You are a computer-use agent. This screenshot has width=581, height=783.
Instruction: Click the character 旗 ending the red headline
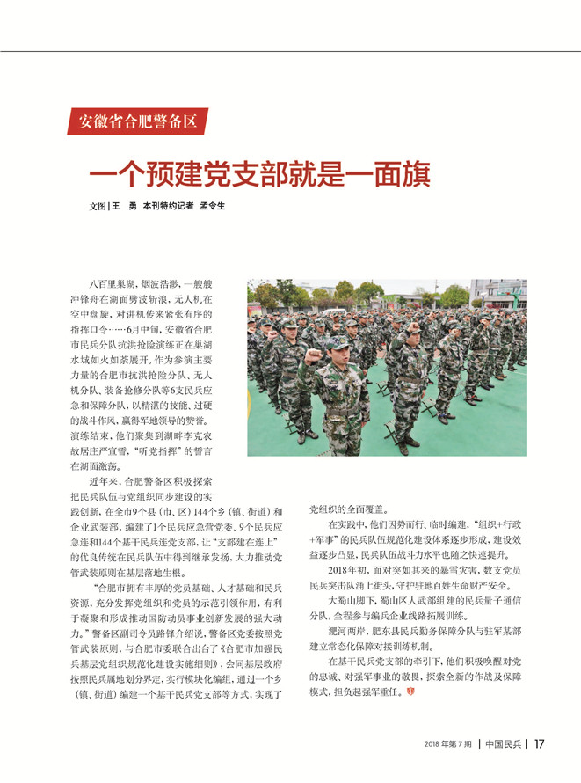[414, 173]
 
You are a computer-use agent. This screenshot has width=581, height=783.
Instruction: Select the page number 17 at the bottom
[539, 743]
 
